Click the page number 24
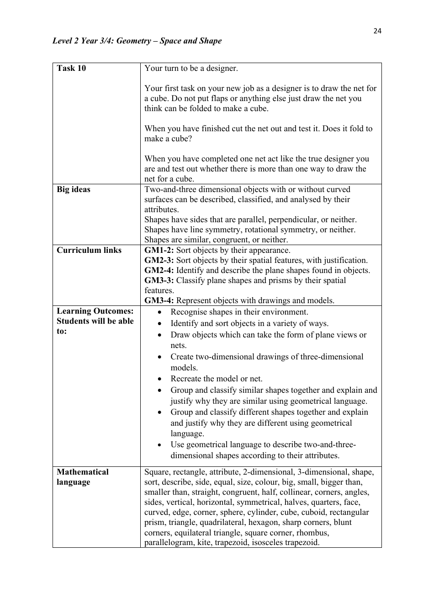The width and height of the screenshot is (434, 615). [377, 31]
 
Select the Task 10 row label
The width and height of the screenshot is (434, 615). [71, 68]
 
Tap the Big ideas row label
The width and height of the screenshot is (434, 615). [74, 189]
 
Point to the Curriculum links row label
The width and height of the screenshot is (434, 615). [89, 250]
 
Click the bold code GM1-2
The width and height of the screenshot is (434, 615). [159, 250]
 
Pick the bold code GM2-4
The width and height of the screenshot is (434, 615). [159, 270]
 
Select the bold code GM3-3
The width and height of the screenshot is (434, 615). [159, 280]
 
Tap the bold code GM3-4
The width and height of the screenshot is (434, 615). [159, 300]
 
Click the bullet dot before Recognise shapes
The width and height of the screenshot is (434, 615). [159, 312]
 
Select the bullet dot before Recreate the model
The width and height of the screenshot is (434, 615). [159, 379]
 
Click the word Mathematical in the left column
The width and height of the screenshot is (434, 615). [83, 472]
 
